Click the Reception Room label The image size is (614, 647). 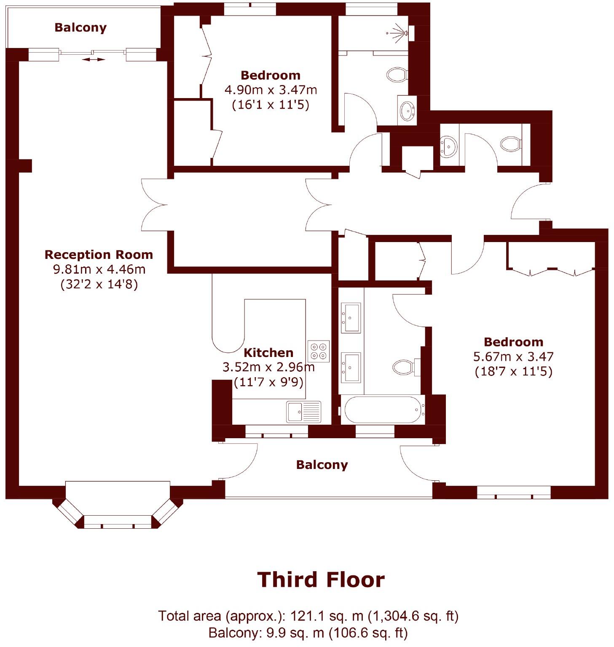[99, 255]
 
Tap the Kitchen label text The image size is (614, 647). [268, 353]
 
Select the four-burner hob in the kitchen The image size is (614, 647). [318, 351]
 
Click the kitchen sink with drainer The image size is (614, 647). [303, 411]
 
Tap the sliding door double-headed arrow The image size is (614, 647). [93, 60]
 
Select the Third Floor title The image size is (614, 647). [321, 580]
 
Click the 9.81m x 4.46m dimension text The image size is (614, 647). [99, 269]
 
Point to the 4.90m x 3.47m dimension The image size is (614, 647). [271, 90]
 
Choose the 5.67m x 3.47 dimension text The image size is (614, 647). [513, 357]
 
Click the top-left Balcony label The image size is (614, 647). [80, 28]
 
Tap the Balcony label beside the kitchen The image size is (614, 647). [322, 465]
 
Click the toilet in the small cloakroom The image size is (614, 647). [511, 144]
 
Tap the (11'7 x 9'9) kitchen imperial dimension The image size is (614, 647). [268, 382]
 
